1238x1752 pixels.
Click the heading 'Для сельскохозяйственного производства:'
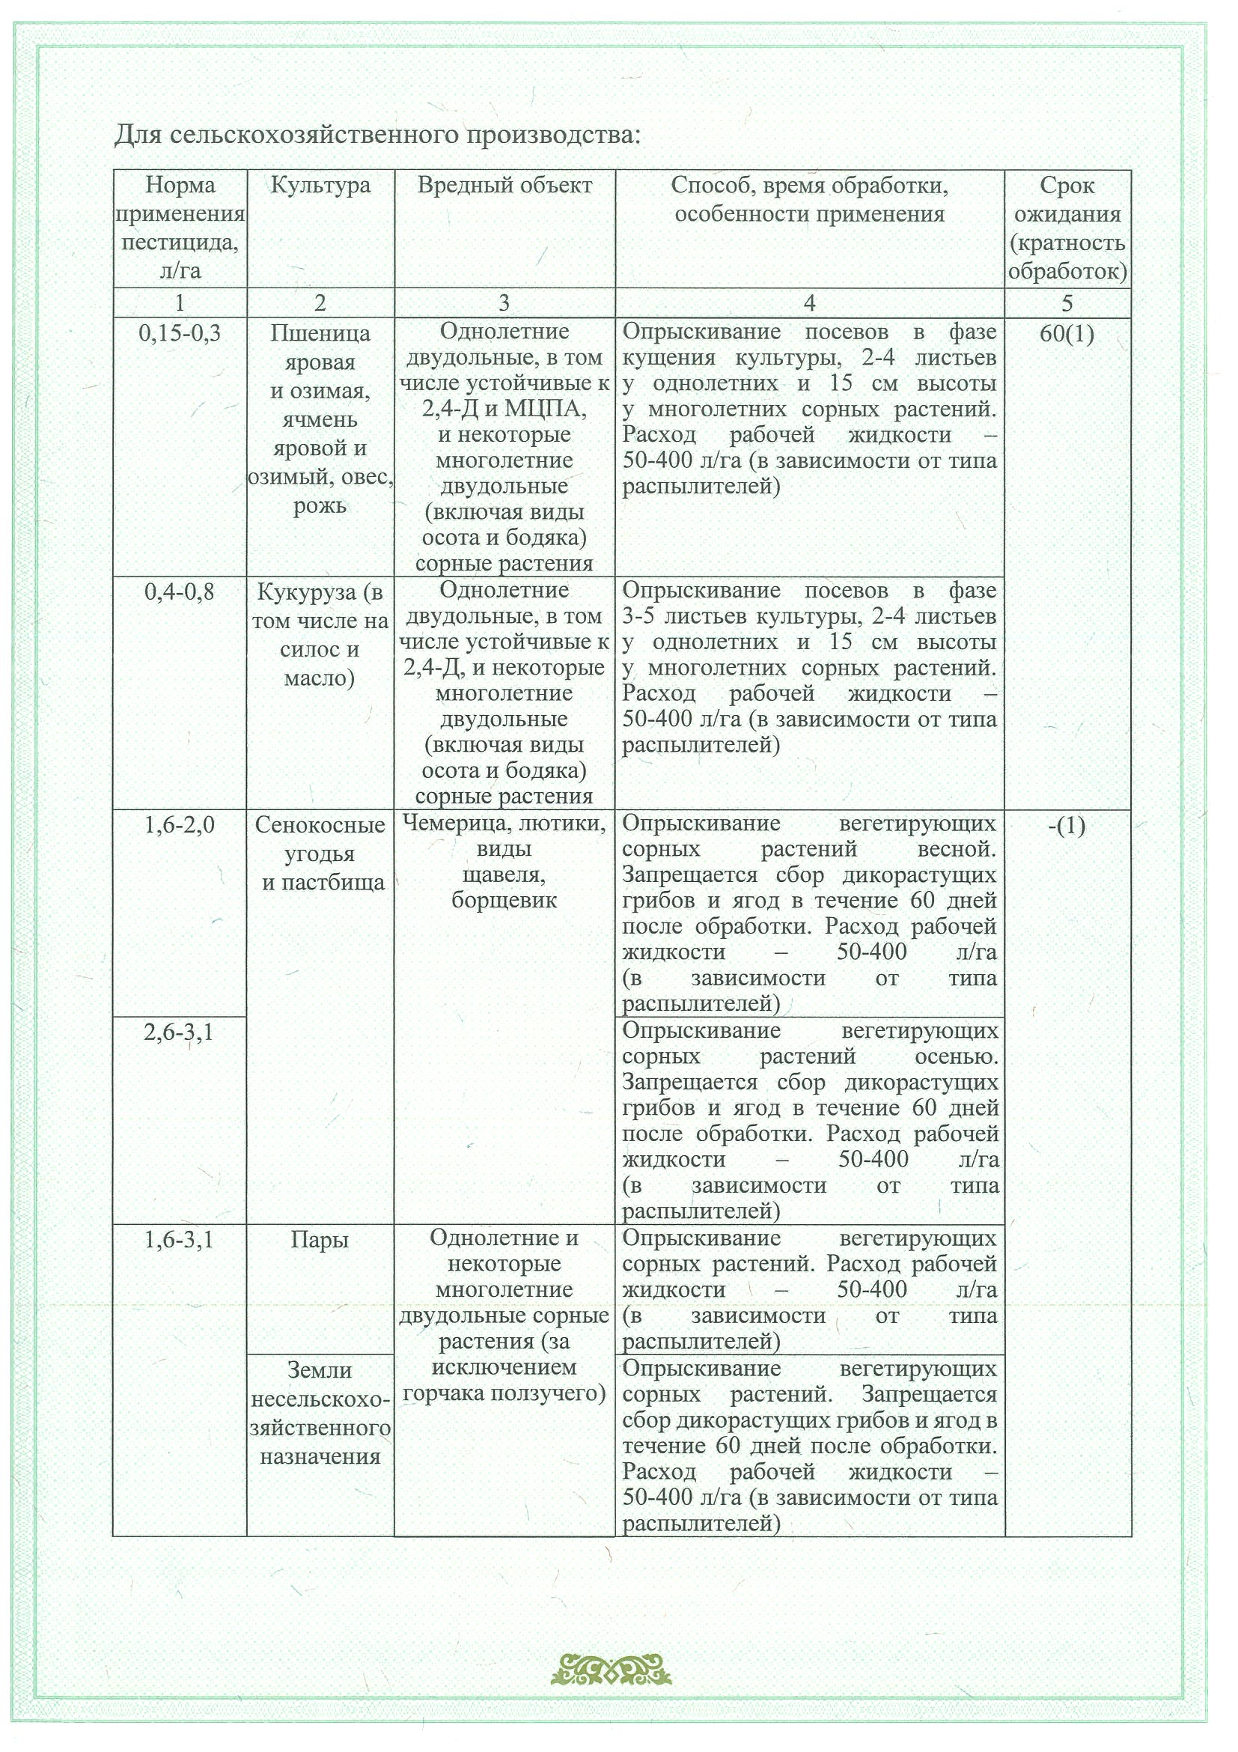376,135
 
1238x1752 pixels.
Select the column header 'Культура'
320,186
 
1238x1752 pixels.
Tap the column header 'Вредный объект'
504,186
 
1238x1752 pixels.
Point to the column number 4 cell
809,303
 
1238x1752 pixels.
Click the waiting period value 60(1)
1067,333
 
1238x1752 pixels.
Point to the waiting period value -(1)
1067,826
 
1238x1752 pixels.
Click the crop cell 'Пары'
320,1240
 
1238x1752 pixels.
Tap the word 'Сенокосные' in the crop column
320,825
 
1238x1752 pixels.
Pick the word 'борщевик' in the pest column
504,901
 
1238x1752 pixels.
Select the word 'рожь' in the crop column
320,506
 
